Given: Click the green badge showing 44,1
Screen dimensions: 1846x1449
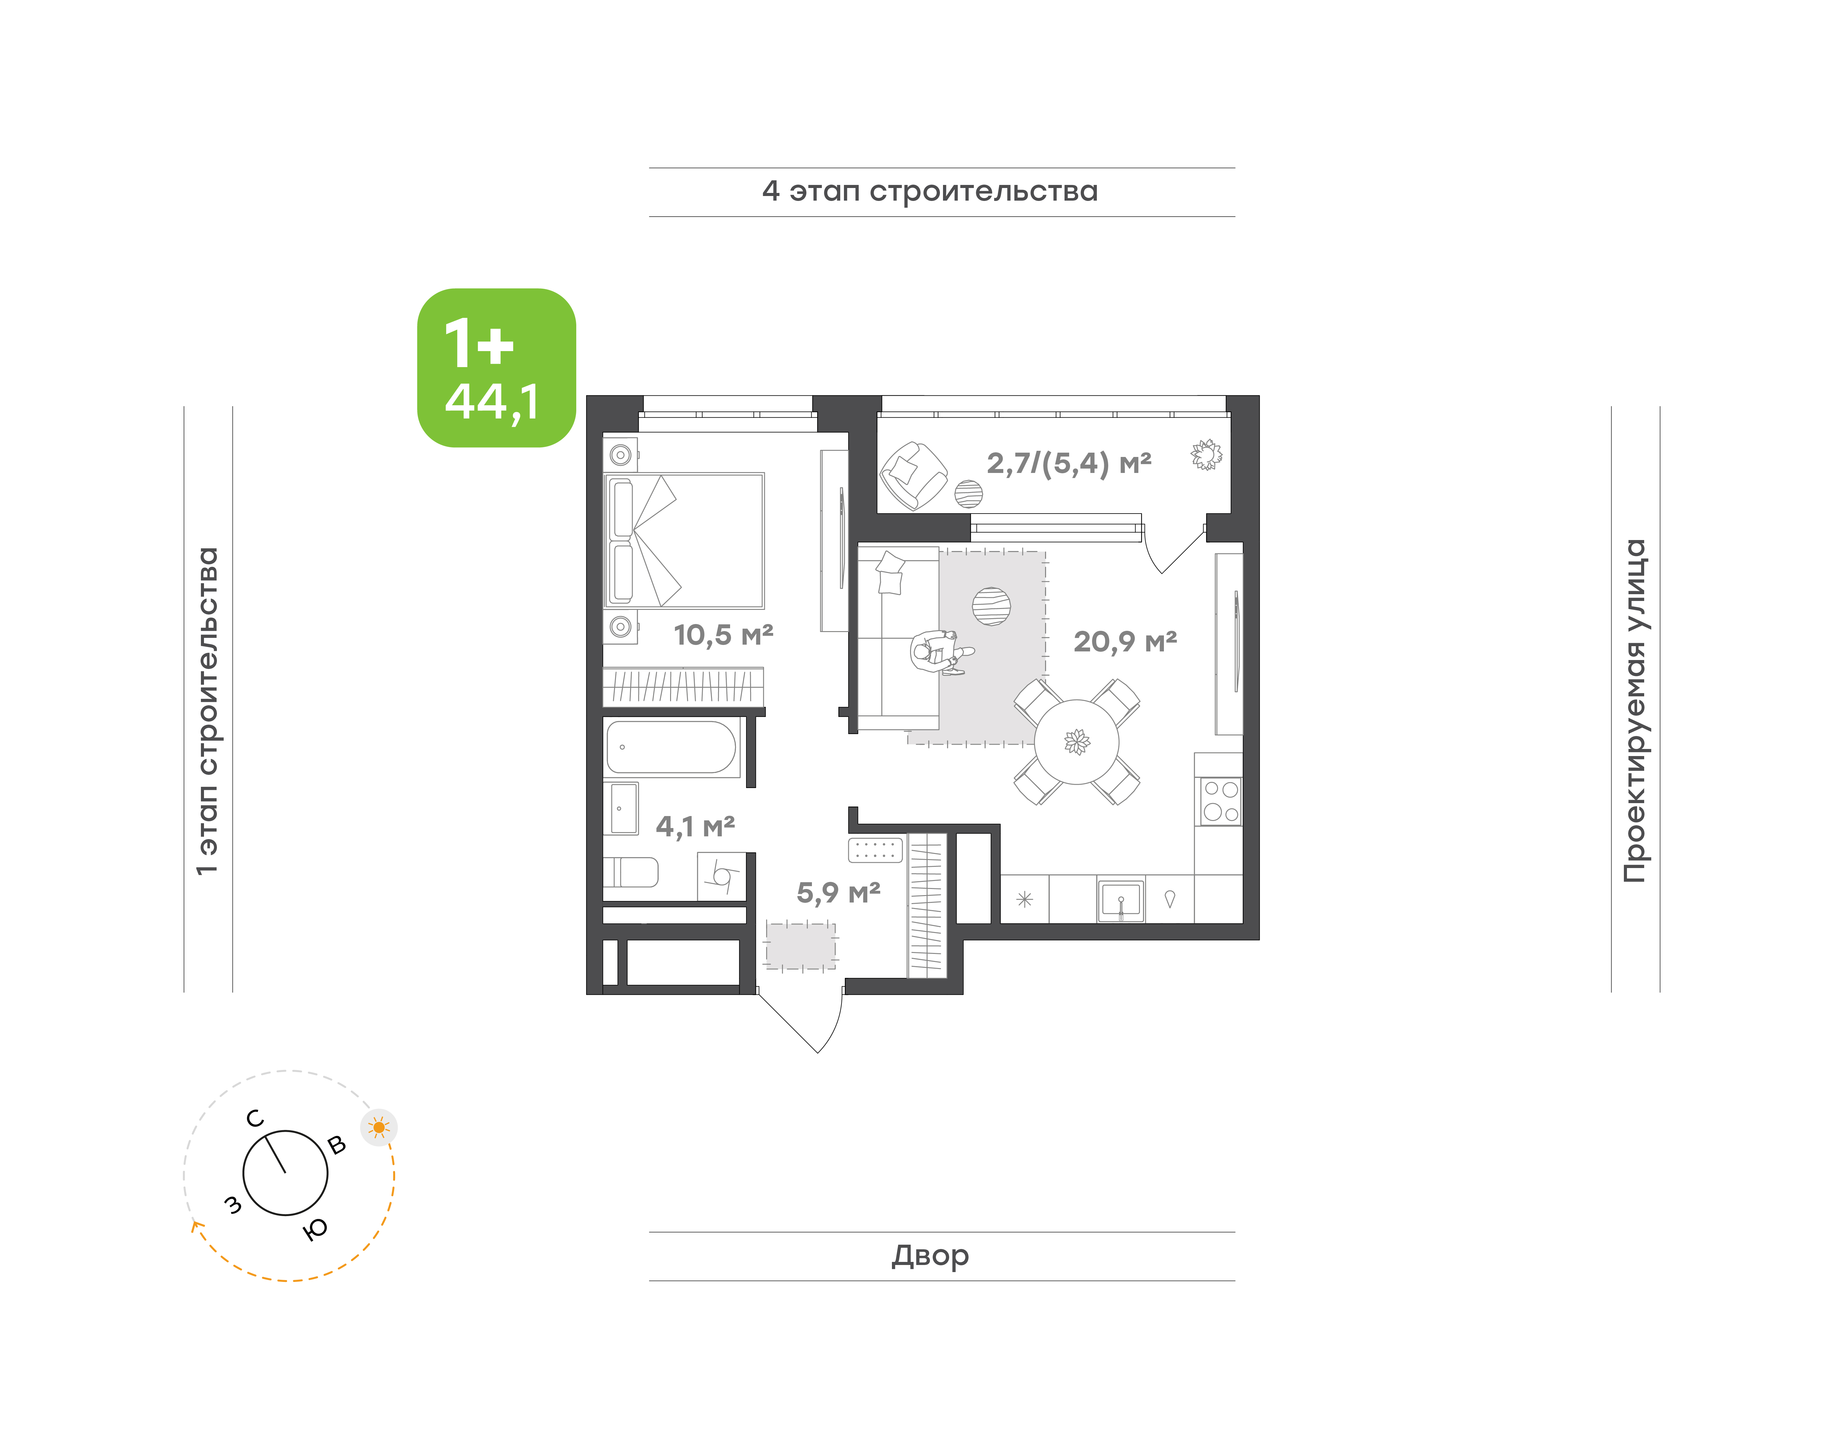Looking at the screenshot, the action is coord(496,367).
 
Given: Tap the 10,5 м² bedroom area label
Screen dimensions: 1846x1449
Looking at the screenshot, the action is coord(723,634).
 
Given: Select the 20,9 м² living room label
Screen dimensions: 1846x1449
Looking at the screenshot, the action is coord(1125,641).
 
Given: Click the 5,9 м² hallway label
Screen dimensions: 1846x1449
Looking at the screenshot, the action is coord(838,892).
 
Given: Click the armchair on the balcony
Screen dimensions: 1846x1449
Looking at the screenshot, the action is coord(913,475).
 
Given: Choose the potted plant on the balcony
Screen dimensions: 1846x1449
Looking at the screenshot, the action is coord(1205,455).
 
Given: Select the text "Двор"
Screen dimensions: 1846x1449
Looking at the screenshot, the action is coord(930,1255).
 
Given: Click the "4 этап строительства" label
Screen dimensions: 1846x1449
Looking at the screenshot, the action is coord(930,192).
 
